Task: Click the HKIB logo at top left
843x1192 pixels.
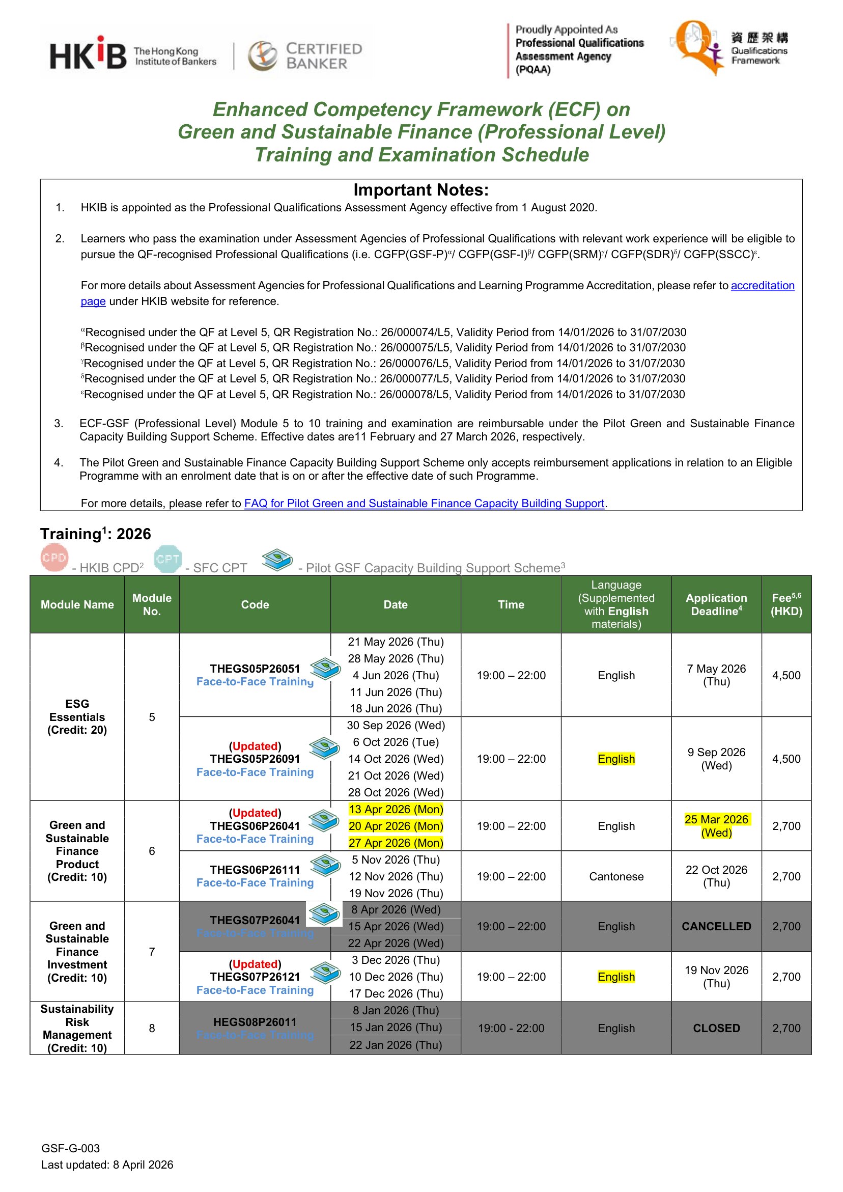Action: [88, 54]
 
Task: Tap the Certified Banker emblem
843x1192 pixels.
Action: [263, 56]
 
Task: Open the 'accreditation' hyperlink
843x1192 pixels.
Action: [762, 286]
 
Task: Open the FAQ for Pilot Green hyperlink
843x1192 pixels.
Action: [424, 503]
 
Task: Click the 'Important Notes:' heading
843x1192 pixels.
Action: [421, 190]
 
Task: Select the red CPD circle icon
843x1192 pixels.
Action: [54, 558]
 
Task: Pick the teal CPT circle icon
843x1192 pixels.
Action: [167, 559]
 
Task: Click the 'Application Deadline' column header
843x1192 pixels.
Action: [716, 604]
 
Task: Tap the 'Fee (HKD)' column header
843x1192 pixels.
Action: [786, 604]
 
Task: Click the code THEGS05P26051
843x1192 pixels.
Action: [255, 669]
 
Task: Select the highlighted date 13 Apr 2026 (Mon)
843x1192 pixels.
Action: [396, 810]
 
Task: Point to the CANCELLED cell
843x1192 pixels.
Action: [716, 926]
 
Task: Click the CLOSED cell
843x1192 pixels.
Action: [716, 1028]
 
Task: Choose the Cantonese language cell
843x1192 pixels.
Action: [615, 876]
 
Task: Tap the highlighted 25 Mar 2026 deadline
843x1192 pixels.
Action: [716, 825]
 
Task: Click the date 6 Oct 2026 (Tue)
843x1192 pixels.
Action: [396, 742]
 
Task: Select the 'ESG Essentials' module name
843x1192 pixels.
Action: [77, 716]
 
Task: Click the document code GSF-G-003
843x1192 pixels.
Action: [71, 1148]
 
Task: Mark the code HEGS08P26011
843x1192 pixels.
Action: [255, 1022]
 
